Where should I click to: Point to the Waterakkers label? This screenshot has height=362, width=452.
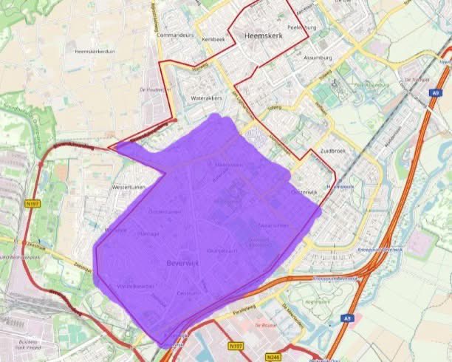(207, 98)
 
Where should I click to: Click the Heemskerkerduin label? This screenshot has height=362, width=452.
(95, 52)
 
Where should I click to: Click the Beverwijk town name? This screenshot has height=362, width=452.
(183, 262)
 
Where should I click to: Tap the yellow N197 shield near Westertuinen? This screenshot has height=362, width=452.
(32, 203)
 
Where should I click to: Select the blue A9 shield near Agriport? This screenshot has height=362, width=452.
(347, 318)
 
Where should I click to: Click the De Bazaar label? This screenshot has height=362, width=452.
(265, 325)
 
